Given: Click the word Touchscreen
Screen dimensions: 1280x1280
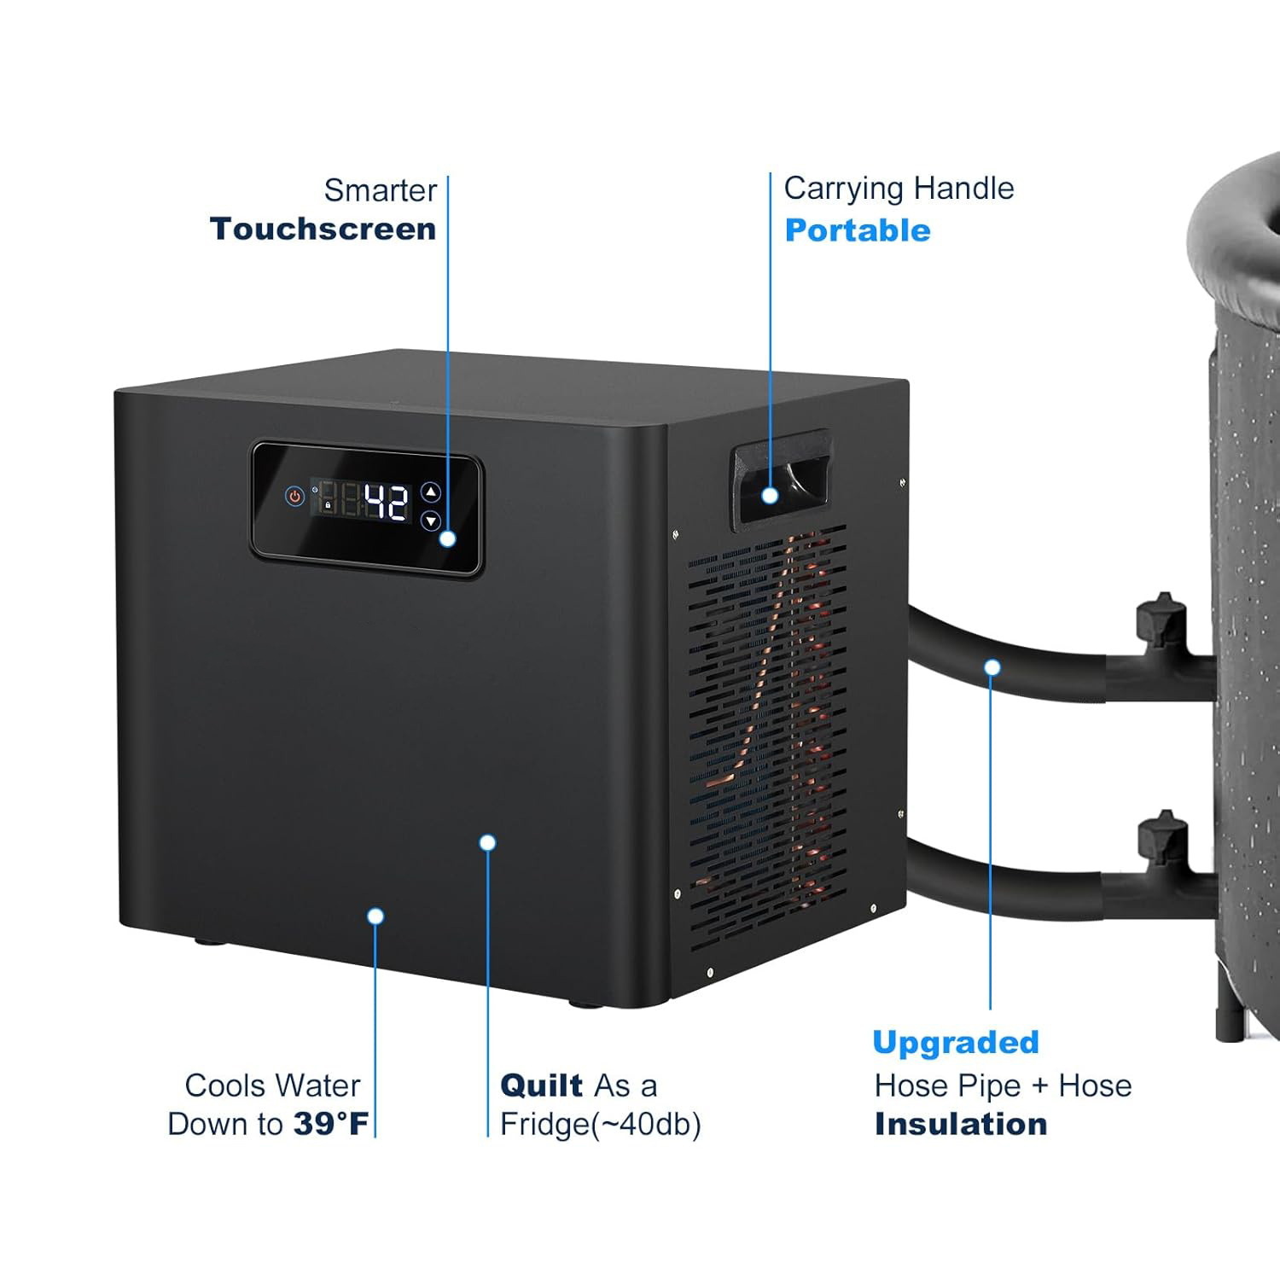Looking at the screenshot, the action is tap(323, 229).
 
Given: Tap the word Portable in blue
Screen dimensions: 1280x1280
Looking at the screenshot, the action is tap(857, 230).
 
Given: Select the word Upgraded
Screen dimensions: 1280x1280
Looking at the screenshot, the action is tap(955, 1042).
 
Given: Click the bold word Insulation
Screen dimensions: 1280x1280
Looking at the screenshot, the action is tap(961, 1124).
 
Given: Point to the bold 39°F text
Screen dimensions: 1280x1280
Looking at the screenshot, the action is tap(331, 1124).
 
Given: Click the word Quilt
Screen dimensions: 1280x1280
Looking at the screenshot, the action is tap(541, 1085).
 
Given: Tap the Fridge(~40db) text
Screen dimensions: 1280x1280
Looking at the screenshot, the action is tap(600, 1125).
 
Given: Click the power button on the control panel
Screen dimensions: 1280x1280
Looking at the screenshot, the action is tap(294, 496).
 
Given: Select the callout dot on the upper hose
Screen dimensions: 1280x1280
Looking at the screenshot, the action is tap(992, 667).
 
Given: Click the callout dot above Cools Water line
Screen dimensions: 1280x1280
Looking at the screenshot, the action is tap(375, 916).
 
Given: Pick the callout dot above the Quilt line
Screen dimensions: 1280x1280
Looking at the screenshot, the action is tap(487, 843).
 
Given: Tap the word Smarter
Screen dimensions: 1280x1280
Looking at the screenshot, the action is tap(381, 189).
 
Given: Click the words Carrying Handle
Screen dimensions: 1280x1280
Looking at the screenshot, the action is tap(899, 189).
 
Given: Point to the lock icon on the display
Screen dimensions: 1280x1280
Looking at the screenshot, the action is tap(328, 505).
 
